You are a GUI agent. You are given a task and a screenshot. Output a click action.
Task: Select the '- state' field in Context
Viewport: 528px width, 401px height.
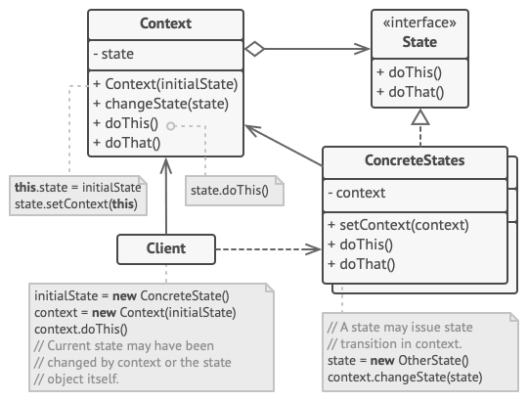click(x=115, y=55)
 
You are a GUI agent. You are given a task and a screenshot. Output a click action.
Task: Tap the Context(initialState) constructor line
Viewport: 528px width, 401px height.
click(x=164, y=84)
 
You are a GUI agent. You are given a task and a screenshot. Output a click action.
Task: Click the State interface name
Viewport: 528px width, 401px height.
click(x=419, y=42)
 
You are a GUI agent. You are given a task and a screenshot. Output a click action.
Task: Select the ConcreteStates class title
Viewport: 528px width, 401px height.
click(x=415, y=160)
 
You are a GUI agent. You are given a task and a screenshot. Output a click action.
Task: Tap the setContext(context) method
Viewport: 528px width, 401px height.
click(x=398, y=224)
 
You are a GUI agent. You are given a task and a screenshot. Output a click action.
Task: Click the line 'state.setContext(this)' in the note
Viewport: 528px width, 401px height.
click(x=75, y=203)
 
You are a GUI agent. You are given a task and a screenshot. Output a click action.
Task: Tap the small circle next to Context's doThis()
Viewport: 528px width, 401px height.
click(x=171, y=125)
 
